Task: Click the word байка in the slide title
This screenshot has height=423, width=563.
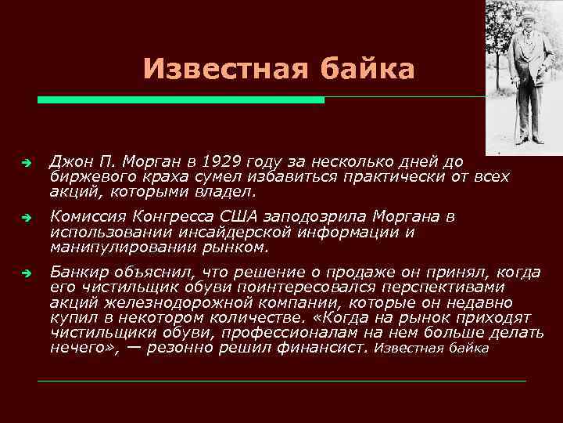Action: [x=366, y=70]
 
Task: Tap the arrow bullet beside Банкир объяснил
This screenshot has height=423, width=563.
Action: [x=26, y=273]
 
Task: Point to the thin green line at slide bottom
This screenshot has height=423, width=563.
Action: [x=281, y=381]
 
